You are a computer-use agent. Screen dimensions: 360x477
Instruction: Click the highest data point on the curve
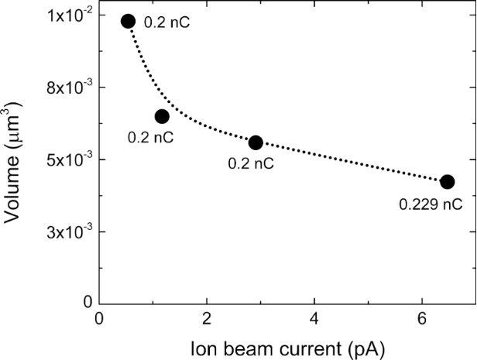(x=129, y=21)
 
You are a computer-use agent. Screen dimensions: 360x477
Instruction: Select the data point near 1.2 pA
(x=162, y=116)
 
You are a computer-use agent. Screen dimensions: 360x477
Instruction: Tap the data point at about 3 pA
(x=256, y=142)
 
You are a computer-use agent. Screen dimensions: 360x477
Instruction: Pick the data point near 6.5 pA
(x=447, y=181)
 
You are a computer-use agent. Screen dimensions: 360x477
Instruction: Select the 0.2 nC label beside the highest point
(x=167, y=22)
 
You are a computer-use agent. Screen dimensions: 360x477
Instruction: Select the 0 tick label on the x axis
(x=99, y=319)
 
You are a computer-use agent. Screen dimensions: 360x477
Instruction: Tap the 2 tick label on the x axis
(x=207, y=319)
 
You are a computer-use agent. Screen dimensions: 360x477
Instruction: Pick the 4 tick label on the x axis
(x=314, y=319)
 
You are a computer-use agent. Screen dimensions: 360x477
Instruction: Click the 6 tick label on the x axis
(x=422, y=319)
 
